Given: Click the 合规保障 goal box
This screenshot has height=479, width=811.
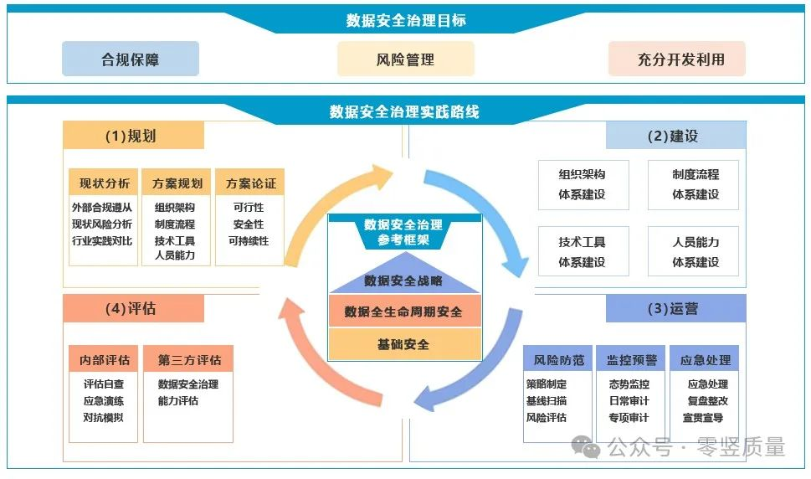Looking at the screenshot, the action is click(131, 59).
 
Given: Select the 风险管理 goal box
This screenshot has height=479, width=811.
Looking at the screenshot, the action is click(405, 59).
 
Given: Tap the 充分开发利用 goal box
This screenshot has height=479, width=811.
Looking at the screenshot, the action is click(677, 59).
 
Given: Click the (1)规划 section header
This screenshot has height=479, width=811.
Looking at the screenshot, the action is click(133, 136).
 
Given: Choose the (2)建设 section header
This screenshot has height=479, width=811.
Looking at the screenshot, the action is click(676, 136).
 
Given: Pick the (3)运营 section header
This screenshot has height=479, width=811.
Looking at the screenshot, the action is click(676, 308).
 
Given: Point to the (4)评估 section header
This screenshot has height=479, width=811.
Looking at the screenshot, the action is click(133, 308).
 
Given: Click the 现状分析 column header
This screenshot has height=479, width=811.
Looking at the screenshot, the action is click(104, 183).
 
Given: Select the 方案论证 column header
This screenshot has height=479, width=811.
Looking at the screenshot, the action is click(249, 183).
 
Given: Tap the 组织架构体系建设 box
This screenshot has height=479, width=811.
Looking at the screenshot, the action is click(583, 185).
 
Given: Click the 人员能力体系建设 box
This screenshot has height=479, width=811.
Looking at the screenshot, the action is click(693, 251).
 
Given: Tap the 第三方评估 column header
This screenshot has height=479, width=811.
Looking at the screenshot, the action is click(188, 359).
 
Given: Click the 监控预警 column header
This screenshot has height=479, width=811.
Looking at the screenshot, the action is click(631, 359).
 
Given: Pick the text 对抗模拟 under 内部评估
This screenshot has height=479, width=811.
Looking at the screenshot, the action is click(104, 417).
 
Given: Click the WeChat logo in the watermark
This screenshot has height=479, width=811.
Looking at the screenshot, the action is click(586, 446).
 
